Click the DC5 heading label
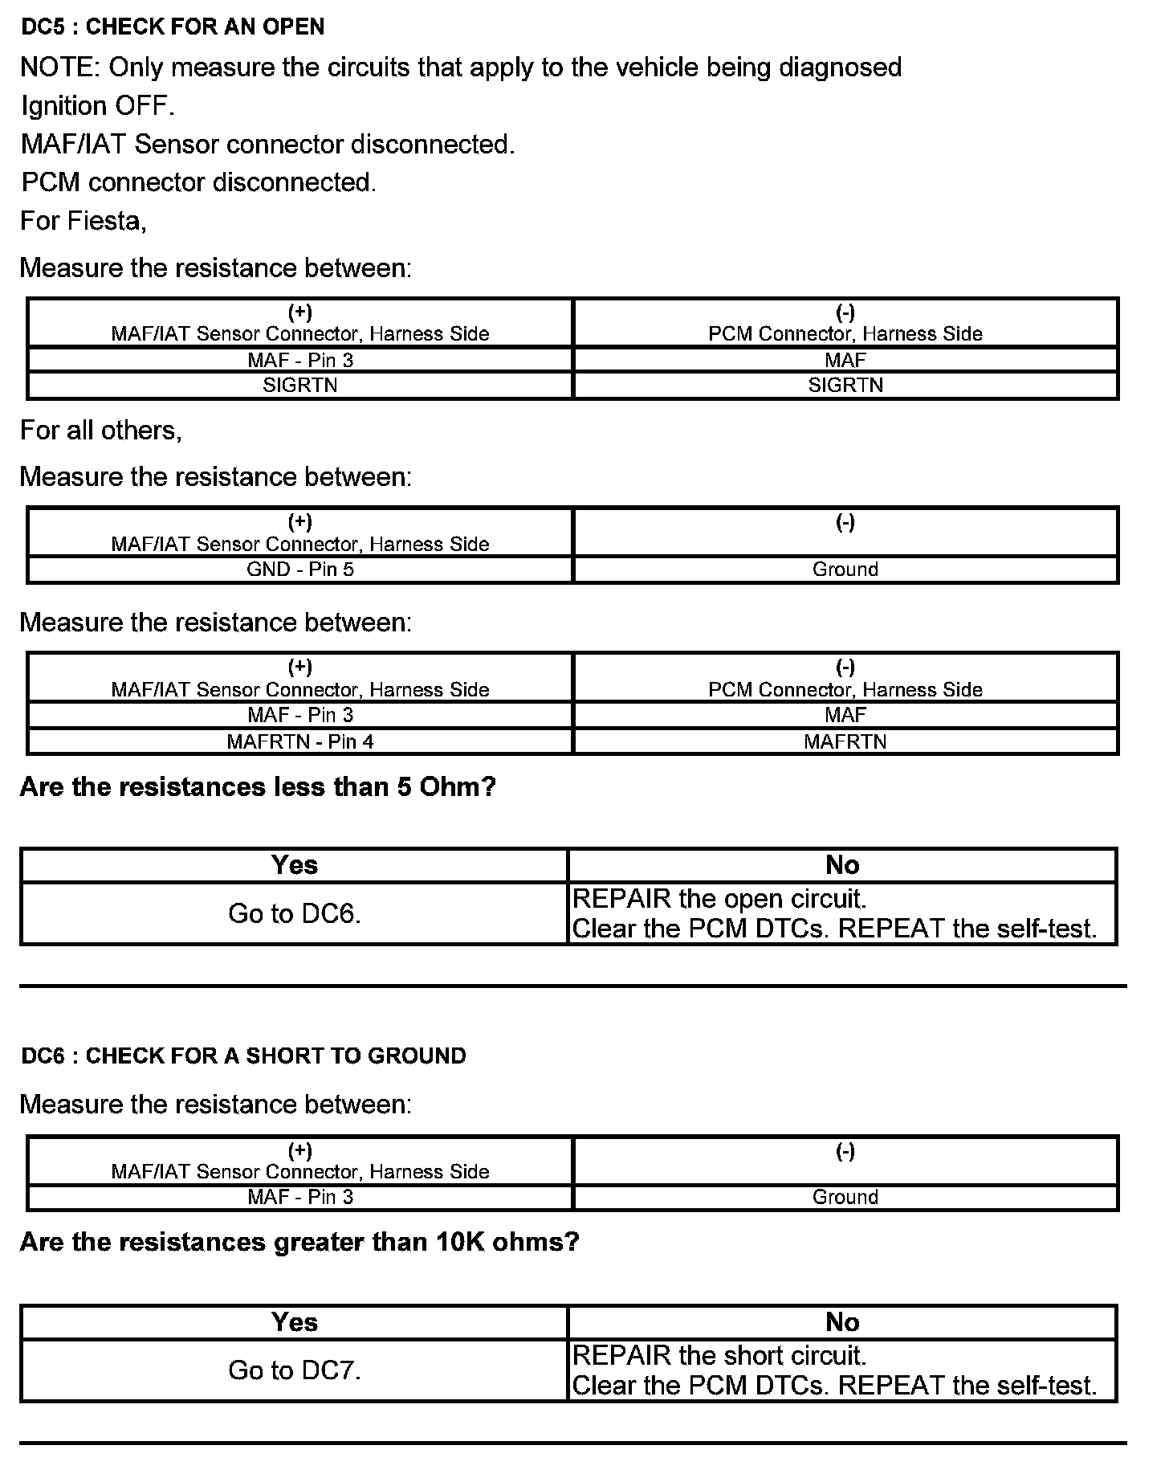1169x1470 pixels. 173,27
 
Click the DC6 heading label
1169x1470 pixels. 243,1056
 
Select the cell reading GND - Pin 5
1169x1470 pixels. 300,570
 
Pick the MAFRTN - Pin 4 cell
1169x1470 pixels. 300,741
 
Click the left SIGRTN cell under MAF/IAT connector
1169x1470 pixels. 300,386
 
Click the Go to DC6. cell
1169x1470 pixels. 295,913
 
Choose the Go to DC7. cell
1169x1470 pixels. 295,1370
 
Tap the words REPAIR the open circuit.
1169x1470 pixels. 719,898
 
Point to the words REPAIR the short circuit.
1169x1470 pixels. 719,1356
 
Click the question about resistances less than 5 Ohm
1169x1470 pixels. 258,787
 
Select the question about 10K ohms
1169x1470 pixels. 299,1243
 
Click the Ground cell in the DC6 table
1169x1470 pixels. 845,1197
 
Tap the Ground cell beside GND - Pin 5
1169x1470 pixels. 845,570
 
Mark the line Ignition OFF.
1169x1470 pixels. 97,106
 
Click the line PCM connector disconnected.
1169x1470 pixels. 198,182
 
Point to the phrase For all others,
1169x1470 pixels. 101,431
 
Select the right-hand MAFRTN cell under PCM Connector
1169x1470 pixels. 845,741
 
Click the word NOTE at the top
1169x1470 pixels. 59,67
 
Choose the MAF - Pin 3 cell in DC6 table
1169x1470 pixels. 300,1197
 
